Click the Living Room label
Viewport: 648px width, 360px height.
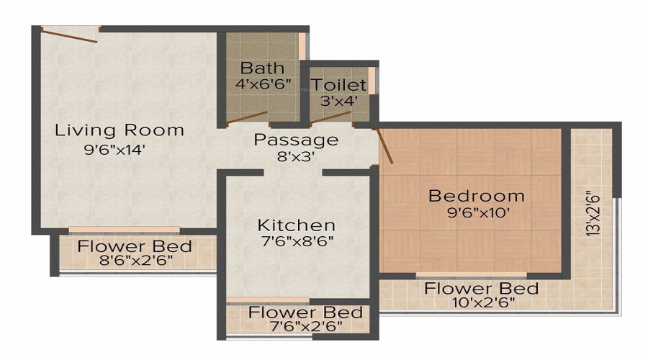[120, 130]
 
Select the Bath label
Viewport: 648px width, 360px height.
[257, 68]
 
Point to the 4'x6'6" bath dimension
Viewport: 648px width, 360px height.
[263, 84]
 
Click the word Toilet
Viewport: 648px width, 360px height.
[339, 85]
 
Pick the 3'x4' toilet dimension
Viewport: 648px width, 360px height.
[338, 101]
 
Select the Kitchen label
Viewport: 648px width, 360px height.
[296, 225]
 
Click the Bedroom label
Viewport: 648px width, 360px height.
[477, 195]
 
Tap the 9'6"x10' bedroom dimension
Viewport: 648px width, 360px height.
[477, 212]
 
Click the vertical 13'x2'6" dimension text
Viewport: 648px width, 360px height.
[593, 214]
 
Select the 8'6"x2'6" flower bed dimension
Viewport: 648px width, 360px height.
[135, 261]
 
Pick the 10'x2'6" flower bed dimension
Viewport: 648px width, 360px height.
[481, 303]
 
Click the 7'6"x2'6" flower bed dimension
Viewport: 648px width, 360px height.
[295, 327]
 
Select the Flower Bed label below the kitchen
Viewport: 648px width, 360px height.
[305, 312]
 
